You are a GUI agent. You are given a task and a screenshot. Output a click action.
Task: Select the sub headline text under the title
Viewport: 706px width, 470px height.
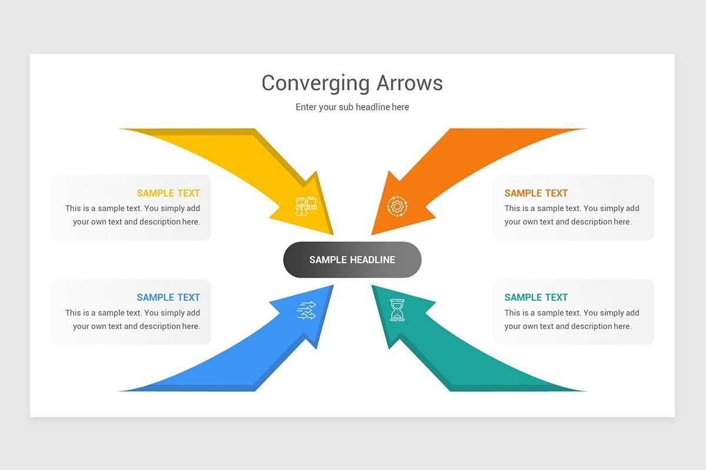click(x=352, y=107)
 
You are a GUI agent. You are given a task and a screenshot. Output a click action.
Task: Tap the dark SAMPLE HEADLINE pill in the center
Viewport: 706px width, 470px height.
click(x=352, y=260)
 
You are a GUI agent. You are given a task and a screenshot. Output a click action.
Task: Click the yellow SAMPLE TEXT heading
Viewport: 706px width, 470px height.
click(x=168, y=193)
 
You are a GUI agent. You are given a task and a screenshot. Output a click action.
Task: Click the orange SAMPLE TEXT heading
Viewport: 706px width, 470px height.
click(x=536, y=193)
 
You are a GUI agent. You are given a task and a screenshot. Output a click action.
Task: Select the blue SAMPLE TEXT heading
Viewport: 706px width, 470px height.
click(x=168, y=298)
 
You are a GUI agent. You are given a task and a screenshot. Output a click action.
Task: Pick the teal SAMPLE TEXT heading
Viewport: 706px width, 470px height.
click(x=536, y=298)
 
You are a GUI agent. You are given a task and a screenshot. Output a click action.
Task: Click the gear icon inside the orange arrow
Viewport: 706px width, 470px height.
click(x=397, y=206)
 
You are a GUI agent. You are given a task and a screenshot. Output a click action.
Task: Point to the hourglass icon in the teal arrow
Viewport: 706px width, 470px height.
click(x=398, y=310)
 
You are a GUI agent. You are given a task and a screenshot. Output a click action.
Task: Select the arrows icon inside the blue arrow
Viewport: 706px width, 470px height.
click(x=307, y=310)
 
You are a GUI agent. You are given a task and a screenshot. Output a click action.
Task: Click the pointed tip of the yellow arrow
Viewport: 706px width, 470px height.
click(x=332, y=233)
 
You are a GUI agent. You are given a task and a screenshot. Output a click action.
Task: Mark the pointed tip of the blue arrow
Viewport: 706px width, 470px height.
click(x=332, y=287)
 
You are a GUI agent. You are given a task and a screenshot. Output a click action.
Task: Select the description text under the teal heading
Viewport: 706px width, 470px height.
click(x=571, y=320)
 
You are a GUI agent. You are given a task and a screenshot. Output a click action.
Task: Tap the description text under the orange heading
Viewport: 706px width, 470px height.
click(x=571, y=215)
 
